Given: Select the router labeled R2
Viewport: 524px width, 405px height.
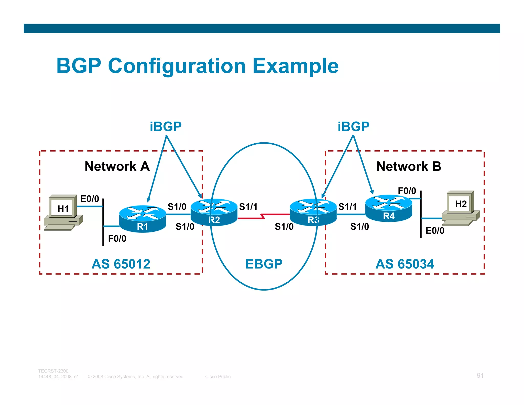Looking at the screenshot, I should pos(214,212).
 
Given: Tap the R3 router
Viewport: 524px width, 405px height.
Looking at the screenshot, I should pos(313,212).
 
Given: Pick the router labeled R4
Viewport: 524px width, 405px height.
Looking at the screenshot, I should pos(388,208).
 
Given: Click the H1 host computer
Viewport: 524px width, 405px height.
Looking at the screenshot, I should pos(63,212).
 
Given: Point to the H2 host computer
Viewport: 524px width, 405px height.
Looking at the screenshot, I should pos(461,208).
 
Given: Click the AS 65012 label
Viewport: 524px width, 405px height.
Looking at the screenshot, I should pos(121,264).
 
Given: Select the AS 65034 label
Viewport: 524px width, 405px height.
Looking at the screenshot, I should pos(405,264).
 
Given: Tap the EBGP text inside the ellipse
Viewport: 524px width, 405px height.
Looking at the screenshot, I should pos(264,264).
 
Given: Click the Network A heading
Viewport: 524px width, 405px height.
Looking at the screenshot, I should pos(117,166).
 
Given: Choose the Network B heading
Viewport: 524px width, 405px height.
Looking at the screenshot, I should pos(409,166).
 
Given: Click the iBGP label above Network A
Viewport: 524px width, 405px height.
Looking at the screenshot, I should pos(166,126).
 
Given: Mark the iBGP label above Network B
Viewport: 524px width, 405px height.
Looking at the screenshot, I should pos(353,126).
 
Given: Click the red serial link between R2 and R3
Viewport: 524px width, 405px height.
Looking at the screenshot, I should pos(264,216).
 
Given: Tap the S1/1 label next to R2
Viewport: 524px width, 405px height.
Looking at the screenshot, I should pos(248,207).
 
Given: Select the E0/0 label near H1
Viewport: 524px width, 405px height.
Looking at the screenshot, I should pos(90,199).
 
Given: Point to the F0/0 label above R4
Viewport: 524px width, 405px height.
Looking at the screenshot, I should pos(407,191).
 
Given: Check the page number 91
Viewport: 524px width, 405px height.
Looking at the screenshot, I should pos(480,375).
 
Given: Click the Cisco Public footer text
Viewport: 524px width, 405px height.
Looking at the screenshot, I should pos(218,377).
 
